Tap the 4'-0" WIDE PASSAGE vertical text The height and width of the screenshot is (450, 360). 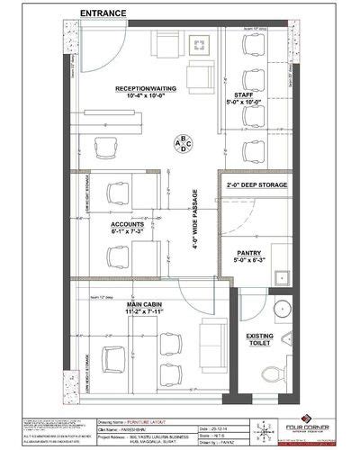pos(192,232)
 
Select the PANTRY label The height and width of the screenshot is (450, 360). pos(248,253)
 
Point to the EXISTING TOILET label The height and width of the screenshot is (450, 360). pos(261,339)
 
